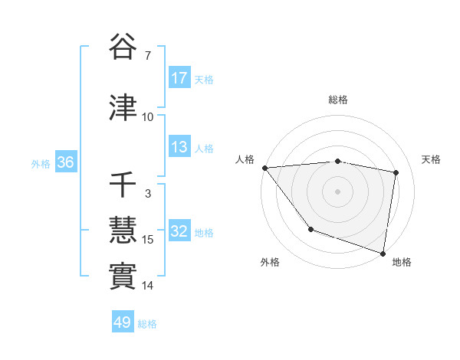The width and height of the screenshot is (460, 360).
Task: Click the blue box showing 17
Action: [x=179, y=78]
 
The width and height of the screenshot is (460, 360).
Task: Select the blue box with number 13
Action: [x=179, y=147]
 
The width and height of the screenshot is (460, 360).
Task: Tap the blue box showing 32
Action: [x=179, y=231]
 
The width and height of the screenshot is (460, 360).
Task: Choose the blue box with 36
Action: [x=65, y=163]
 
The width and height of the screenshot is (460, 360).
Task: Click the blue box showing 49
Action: [x=123, y=322]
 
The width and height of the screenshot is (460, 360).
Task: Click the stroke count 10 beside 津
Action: [x=148, y=116]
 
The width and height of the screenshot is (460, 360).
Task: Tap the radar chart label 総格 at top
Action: [x=338, y=100]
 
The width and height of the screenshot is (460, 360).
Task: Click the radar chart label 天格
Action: [x=432, y=159]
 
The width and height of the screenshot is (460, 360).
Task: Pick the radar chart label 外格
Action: [x=270, y=262]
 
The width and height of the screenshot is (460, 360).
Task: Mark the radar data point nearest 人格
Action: [x=264, y=167]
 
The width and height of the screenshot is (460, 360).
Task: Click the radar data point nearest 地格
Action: [x=383, y=253]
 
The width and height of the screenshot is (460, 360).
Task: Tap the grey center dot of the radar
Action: [x=338, y=191]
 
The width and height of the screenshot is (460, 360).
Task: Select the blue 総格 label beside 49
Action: [x=148, y=323]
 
